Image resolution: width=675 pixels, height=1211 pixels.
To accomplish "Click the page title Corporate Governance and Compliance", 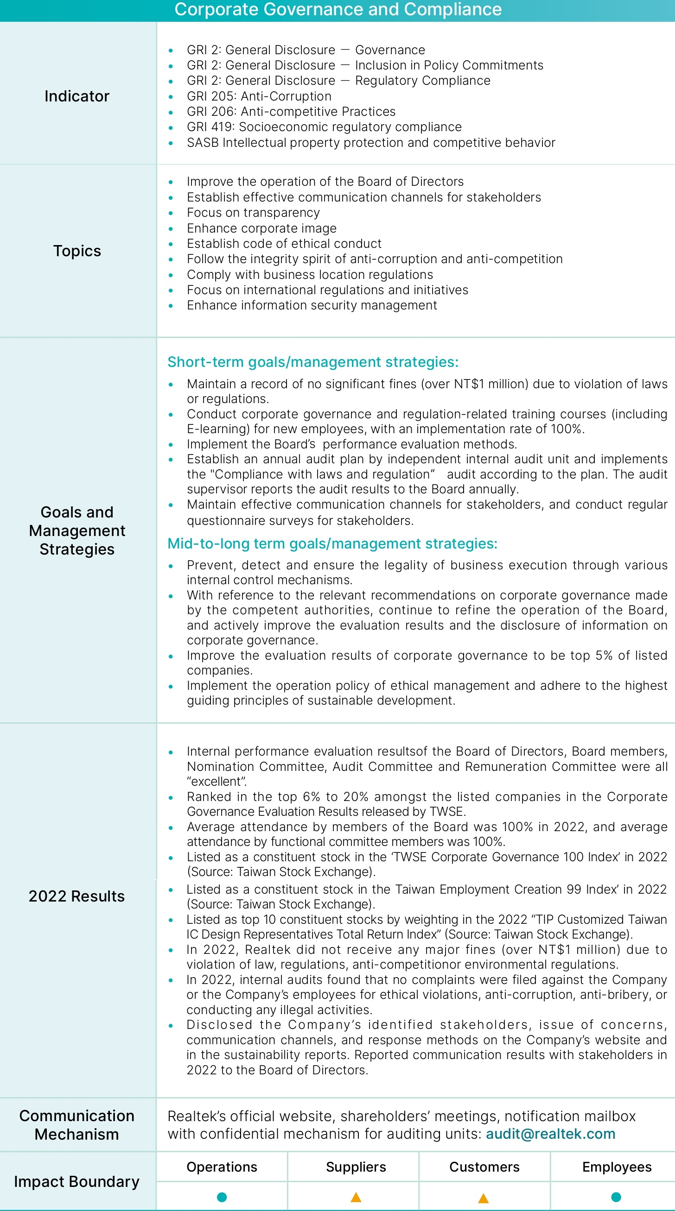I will click(x=338, y=9).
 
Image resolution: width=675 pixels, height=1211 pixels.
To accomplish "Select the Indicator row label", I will click(x=76, y=96).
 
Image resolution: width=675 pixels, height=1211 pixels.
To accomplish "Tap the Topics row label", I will click(x=76, y=251).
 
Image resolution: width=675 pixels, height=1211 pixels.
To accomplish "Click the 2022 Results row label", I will click(x=76, y=896).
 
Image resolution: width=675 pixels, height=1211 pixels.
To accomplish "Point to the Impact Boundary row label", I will click(x=76, y=1181).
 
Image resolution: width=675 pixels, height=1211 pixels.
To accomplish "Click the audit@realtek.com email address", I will click(x=550, y=1134).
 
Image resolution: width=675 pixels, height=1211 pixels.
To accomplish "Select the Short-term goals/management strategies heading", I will click(x=313, y=361).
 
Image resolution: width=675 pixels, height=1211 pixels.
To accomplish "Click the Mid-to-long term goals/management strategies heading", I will click(x=332, y=543).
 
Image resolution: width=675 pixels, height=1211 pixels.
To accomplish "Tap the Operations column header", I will click(x=222, y=1167).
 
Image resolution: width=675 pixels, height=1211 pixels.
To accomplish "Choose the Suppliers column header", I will click(x=356, y=1167).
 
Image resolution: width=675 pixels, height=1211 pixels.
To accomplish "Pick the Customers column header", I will click(x=484, y=1167).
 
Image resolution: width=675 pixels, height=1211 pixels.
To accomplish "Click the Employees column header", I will click(x=617, y=1167).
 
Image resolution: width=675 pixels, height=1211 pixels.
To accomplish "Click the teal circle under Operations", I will click(x=222, y=1197).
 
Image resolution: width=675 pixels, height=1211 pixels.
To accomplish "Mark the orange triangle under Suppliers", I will click(x=356, y=1197).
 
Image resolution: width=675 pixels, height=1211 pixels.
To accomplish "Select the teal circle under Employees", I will click(x=616, y=1197).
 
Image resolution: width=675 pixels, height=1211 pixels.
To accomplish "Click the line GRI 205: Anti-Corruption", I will click(x=259, y=96).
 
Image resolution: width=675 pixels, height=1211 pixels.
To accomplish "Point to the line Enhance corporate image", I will click(x=261, y=228).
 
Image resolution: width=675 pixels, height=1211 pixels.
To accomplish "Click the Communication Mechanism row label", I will click(x=76, y=1124).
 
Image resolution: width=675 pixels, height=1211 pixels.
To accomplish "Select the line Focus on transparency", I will click(x=253, y=213).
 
